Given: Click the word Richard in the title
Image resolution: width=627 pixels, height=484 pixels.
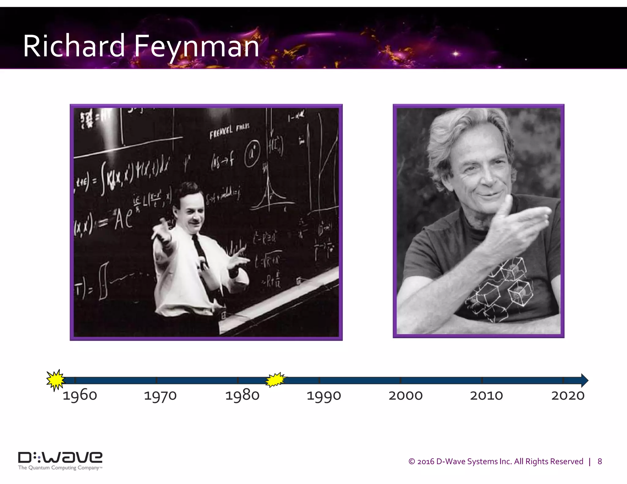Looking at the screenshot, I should tap(74, 46).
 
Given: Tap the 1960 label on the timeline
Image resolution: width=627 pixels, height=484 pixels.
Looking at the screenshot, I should tap(80, 395).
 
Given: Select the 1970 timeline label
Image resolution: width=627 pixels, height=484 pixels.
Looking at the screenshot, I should tap(160, 396).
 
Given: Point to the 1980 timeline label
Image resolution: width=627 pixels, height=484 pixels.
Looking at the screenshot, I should tap(242, 395).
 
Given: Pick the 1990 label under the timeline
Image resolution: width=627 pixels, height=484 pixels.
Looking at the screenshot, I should tap(324, 396).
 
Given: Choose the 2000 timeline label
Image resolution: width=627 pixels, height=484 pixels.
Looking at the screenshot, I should tap(405, 396).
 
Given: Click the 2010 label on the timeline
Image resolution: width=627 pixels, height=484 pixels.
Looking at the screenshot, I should tap(486, 396).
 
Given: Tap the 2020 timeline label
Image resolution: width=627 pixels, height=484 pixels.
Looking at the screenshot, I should tap(568, 396).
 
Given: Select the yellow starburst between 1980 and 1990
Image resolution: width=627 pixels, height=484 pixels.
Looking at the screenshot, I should tap(275, 380).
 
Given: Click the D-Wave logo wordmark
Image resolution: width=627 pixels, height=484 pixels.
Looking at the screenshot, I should tap(60, 457).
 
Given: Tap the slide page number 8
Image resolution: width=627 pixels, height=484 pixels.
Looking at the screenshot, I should tap(600, 461).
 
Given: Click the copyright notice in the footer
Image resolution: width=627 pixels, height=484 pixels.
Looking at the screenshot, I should tap(496, 461).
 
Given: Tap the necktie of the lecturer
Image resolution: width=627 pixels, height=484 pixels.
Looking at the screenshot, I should tap(202, 257).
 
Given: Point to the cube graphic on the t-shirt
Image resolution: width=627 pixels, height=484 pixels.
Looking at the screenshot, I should tap(502, 288).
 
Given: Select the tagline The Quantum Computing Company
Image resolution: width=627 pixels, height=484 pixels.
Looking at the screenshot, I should tap(60, 468).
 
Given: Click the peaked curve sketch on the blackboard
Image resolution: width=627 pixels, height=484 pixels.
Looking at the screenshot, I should tap(269, 193).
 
